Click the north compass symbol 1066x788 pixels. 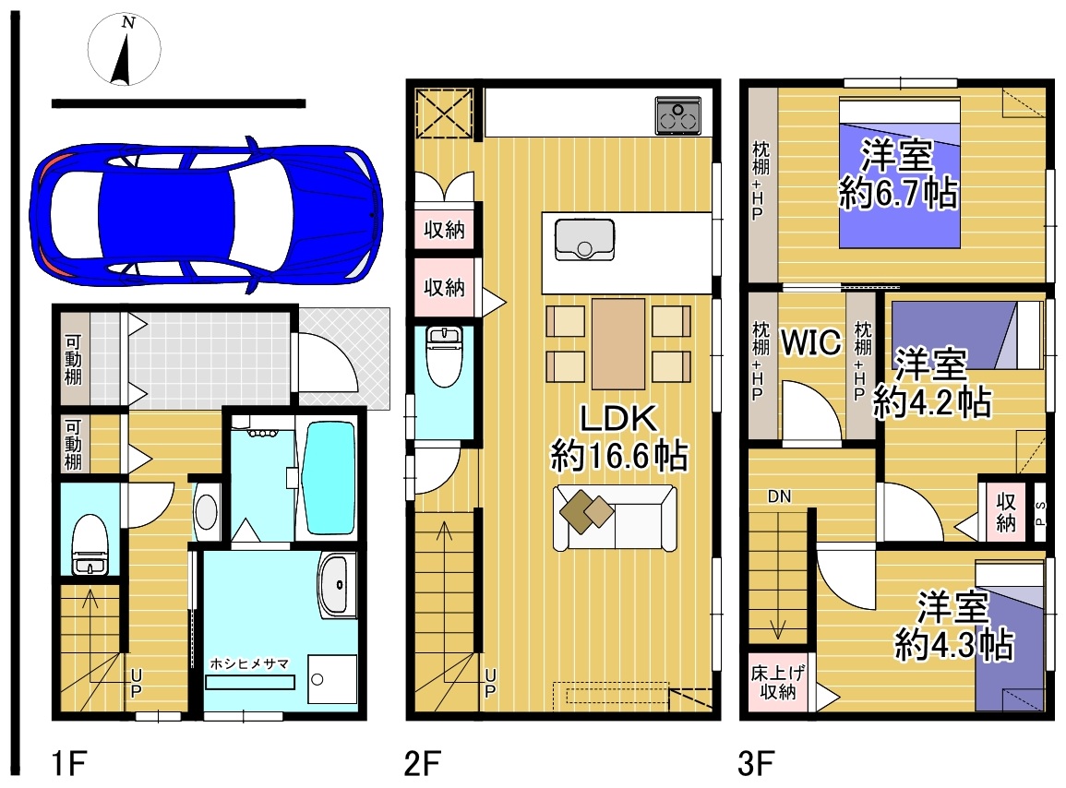click(x=125, y=50)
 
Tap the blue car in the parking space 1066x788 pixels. click(x=206, y=214)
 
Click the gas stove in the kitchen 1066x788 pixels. click(x=677, y=115)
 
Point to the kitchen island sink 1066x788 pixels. click(x=584, y=239)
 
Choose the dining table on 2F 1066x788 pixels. click(x=618, y=343)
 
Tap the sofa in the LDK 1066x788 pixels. click(x=615, y=518)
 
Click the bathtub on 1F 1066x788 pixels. click(x=329, y=477)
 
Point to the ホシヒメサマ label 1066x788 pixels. click(x=249, y=663)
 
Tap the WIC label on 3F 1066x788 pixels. click(x=811, y=342)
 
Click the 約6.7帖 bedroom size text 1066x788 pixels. click(x=898, y=194)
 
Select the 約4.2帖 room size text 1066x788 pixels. click(x=932, y=401)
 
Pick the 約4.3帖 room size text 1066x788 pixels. click(x=953, y=644)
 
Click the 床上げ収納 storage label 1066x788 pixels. click(x=778, y=682)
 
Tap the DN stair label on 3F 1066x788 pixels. click(x=779, y=496)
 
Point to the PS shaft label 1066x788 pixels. click(x=1040, y=514)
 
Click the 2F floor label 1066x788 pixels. click(x=422, y=763)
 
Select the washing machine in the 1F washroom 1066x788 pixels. click(x=331, y=678)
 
